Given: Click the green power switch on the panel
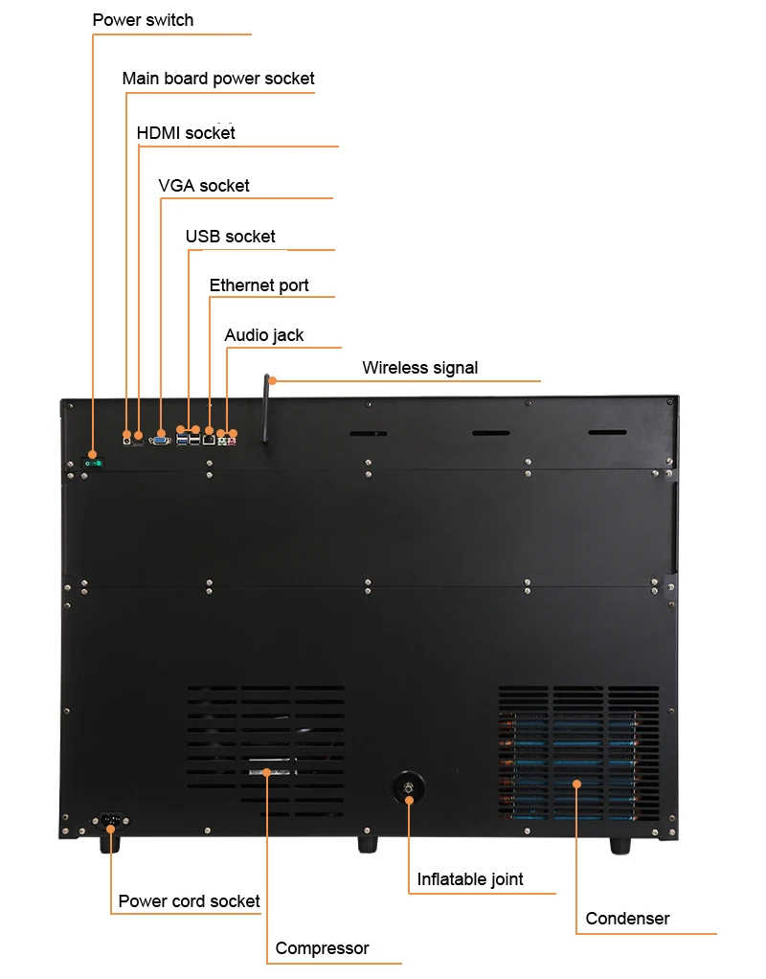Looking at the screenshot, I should coord(93,464).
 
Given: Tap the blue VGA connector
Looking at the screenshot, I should coord(161,440).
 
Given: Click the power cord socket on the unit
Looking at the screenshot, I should coord(111,821).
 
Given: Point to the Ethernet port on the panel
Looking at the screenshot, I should coord(209,440).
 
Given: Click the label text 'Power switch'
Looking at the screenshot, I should coord(143,20).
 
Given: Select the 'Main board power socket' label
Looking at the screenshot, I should coord(218,79).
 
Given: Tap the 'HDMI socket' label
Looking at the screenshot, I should coord(186,133).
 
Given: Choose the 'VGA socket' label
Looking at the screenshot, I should coord(204,186).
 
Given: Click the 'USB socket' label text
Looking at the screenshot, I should coord(231,237).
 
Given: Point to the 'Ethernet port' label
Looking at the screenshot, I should coord(259,285).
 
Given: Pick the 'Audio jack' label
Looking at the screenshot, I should coord(264,335).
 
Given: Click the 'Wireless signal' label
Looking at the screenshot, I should coord(419,368).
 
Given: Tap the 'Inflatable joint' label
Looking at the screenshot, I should coord(470,879).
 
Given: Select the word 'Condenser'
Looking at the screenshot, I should coord(627,919).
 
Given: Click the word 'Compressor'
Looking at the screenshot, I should coord(322,948).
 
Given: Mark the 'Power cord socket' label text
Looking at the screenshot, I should coord(189,901).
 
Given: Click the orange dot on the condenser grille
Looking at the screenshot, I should coord(577,785).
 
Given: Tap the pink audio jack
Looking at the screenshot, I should coord(233,436).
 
